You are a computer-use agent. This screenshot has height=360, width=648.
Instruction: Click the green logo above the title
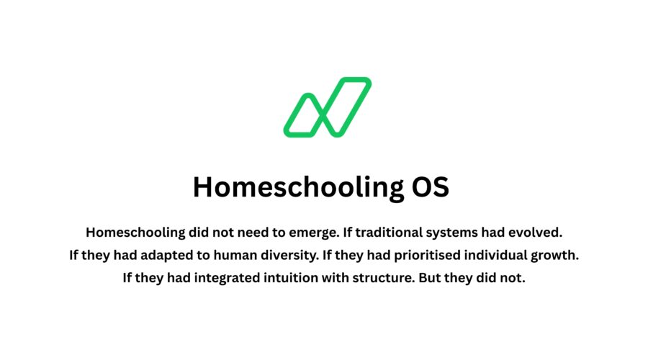pyautogui.click(x=328, y=107)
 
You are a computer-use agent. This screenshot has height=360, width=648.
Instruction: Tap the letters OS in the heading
pyautogui.click(x=430, y=187)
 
